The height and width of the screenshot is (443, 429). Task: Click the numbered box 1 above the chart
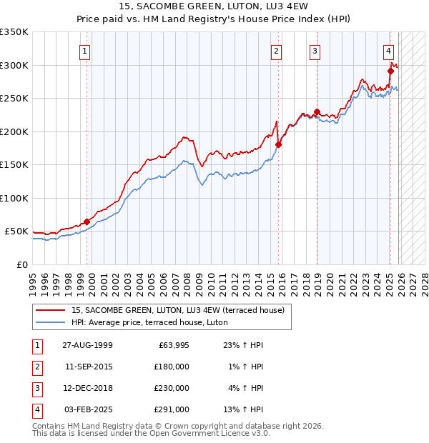pos(85,51)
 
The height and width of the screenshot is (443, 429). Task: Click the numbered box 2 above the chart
pos(276,51)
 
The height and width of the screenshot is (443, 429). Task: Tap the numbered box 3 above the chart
pos(315,51)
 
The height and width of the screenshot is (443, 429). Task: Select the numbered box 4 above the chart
pos(388,51)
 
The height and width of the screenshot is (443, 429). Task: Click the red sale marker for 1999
pos(87,222)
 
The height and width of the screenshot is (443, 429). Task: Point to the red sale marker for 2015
pos(279,144)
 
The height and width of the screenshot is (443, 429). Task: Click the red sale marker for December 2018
pos(317,111)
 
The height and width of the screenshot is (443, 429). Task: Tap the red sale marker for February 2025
pos(391,71)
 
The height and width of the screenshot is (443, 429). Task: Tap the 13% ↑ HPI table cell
pos(245,409)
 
